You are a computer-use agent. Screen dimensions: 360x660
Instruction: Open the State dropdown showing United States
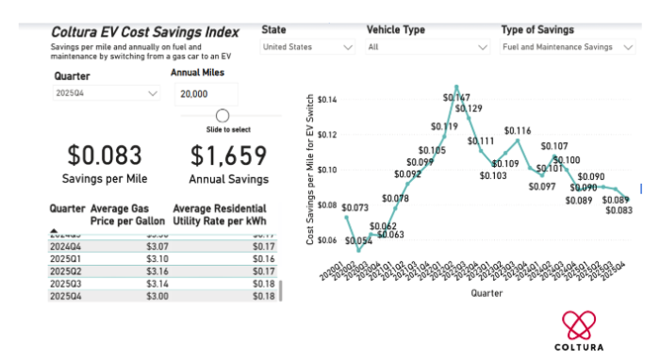[x=307, y=46]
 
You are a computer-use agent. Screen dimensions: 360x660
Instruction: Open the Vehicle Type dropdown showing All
[x=427, y=46]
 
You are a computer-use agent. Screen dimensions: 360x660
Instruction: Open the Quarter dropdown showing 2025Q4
[x=107, y=94]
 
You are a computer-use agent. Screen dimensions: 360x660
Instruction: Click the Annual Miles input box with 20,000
[x=206, y=94]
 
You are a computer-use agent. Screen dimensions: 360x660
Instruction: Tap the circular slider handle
[x=223, y=116]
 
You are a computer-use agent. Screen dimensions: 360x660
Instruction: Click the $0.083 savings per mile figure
[x=107, y=155]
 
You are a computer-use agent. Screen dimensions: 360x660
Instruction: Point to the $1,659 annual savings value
[x=228, y=155]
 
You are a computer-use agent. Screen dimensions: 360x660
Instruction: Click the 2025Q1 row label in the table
[x=67, y=257]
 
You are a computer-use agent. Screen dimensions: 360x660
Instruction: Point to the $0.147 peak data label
[x=457, y=97]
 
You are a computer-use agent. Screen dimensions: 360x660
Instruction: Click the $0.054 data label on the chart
[x=358, y=240]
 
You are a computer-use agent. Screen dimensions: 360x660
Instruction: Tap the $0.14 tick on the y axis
[x=328, y=100]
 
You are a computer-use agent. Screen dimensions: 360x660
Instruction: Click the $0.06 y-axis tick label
[x=328, y=240]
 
